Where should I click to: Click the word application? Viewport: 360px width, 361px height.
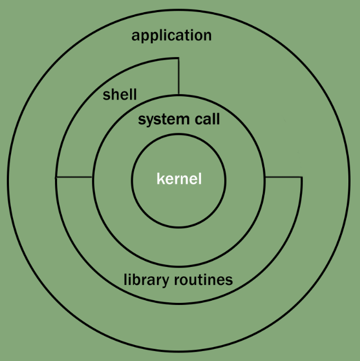point(171,36)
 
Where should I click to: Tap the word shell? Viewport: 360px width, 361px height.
point(119,95)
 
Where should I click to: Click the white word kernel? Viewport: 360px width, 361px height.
point(179,179)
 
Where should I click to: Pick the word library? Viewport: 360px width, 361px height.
point(144,280)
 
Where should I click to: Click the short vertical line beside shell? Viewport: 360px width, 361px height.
point(179,76)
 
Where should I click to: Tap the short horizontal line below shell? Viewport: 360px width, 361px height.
point(74,177)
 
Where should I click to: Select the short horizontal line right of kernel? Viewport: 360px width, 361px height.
point(283,178)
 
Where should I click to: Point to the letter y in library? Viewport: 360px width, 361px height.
point(161,282)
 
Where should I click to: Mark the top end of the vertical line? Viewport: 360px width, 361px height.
point(179,59)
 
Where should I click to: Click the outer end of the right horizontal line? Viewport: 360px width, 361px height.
point(301,178)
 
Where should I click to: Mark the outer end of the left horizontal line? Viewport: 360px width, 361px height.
point(56,177)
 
